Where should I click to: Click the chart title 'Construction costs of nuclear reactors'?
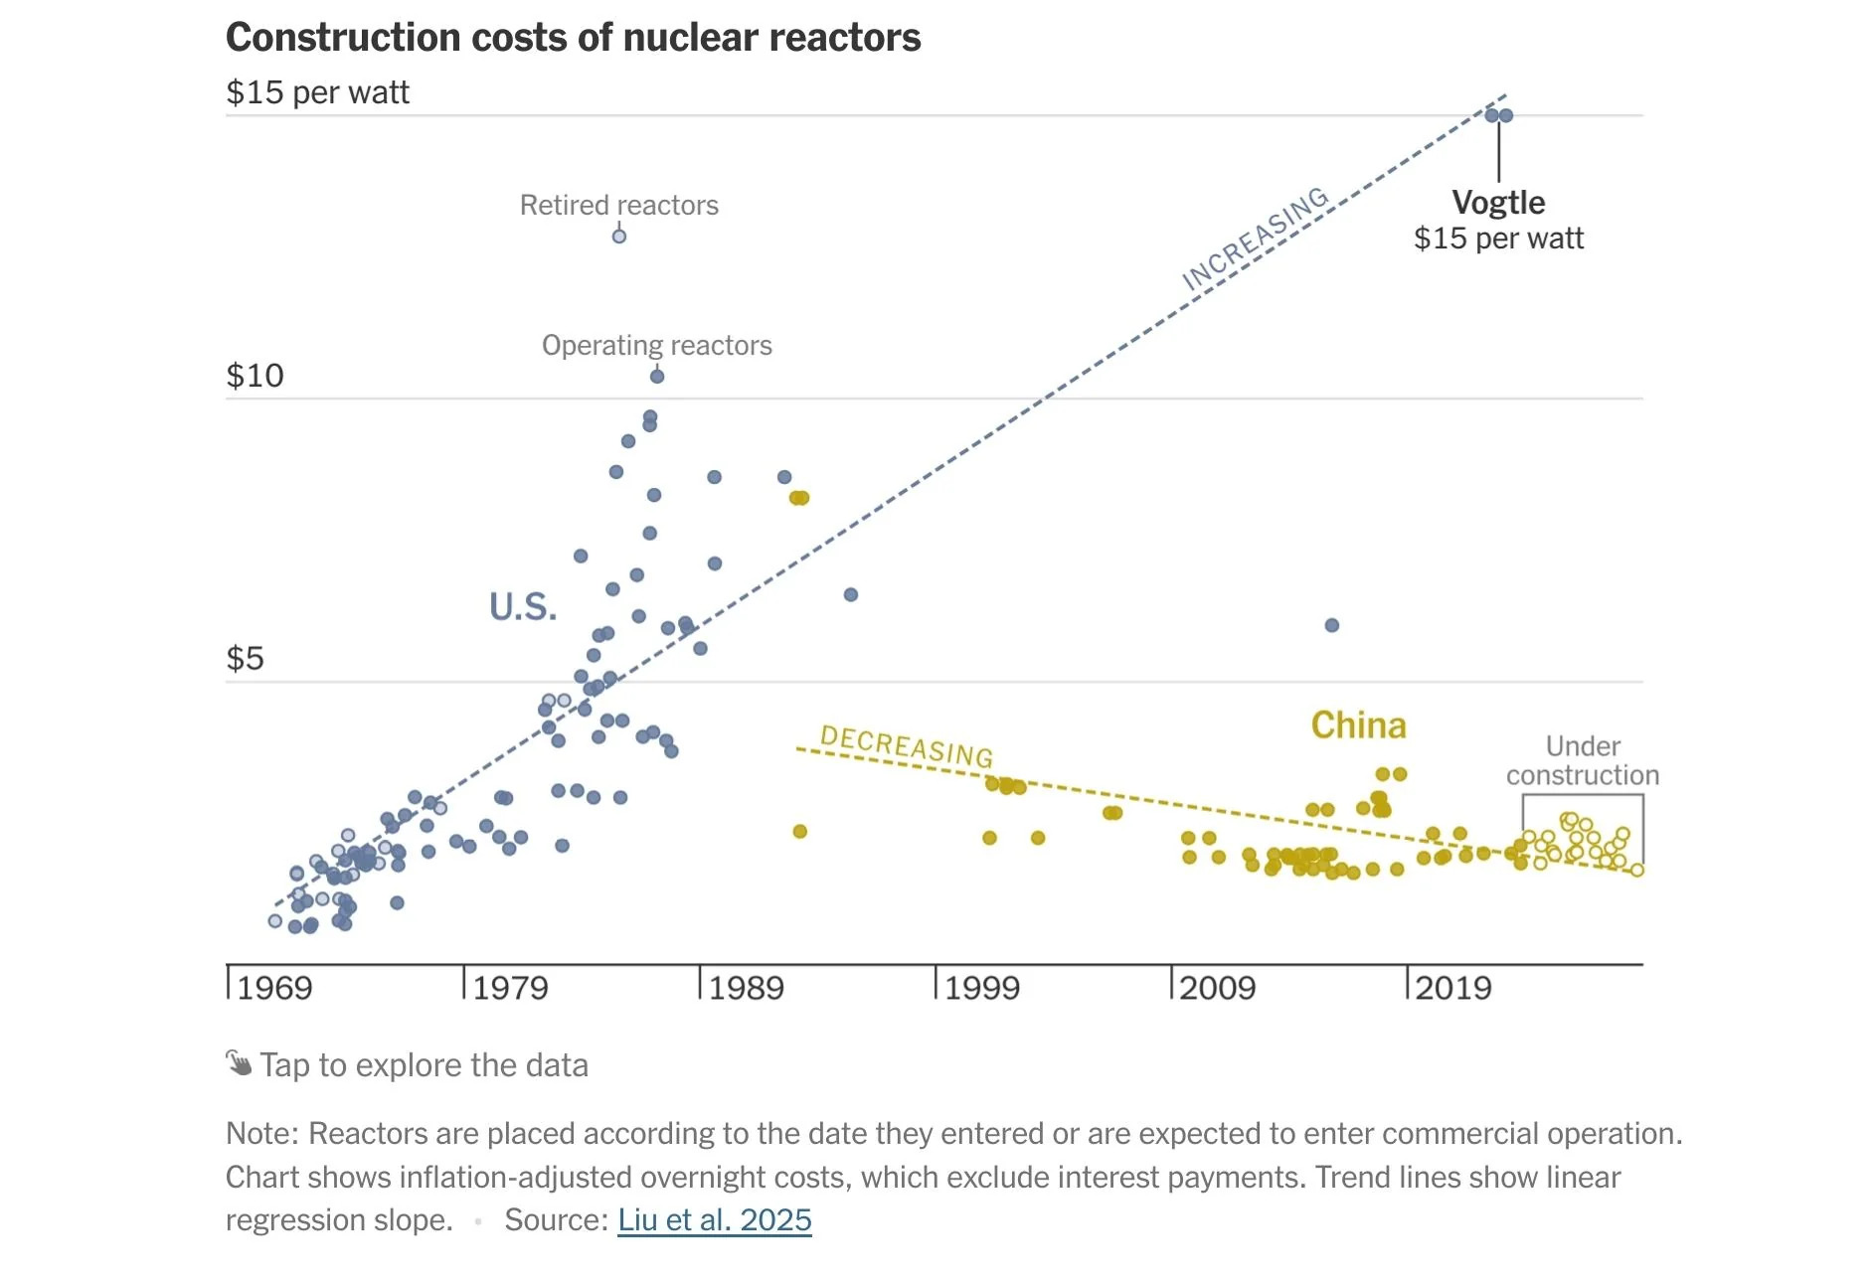(573, 38)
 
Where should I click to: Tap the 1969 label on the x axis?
(274, 988)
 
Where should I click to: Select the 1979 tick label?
(510, 988)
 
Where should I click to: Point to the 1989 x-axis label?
(746, 988)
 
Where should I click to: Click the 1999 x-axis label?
(981, 988)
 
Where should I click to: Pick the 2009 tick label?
(1217, 988)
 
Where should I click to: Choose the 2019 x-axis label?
(1452, 988)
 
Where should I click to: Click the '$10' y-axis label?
(255, 376)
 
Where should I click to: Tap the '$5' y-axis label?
(245, 658)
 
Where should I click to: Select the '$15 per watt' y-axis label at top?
(317, 92)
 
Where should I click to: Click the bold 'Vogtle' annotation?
(1498, 203)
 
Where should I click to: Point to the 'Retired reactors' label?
(618, 206)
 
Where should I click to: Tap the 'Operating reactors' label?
(656, 346)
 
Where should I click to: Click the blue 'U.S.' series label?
(523, 606)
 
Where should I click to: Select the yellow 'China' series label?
(1358, 725)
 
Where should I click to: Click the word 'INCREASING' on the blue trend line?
(1255, 240)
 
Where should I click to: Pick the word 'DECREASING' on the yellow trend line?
(906, 746)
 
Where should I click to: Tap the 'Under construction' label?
(1582, 760)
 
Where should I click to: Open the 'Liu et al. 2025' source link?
(714, 1219)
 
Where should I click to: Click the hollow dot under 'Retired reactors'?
(618, 237)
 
